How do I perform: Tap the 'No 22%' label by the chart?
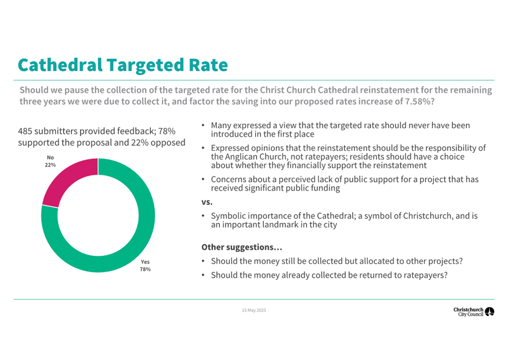coord(50,161)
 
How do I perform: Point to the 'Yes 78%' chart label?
coord(146,265)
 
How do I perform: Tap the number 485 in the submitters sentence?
coord(26,131)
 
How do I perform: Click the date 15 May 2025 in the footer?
coord(254,310)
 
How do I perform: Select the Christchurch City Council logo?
coord(474,312)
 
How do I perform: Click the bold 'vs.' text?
coord(207,202)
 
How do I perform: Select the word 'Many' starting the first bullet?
coord(221,125)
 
